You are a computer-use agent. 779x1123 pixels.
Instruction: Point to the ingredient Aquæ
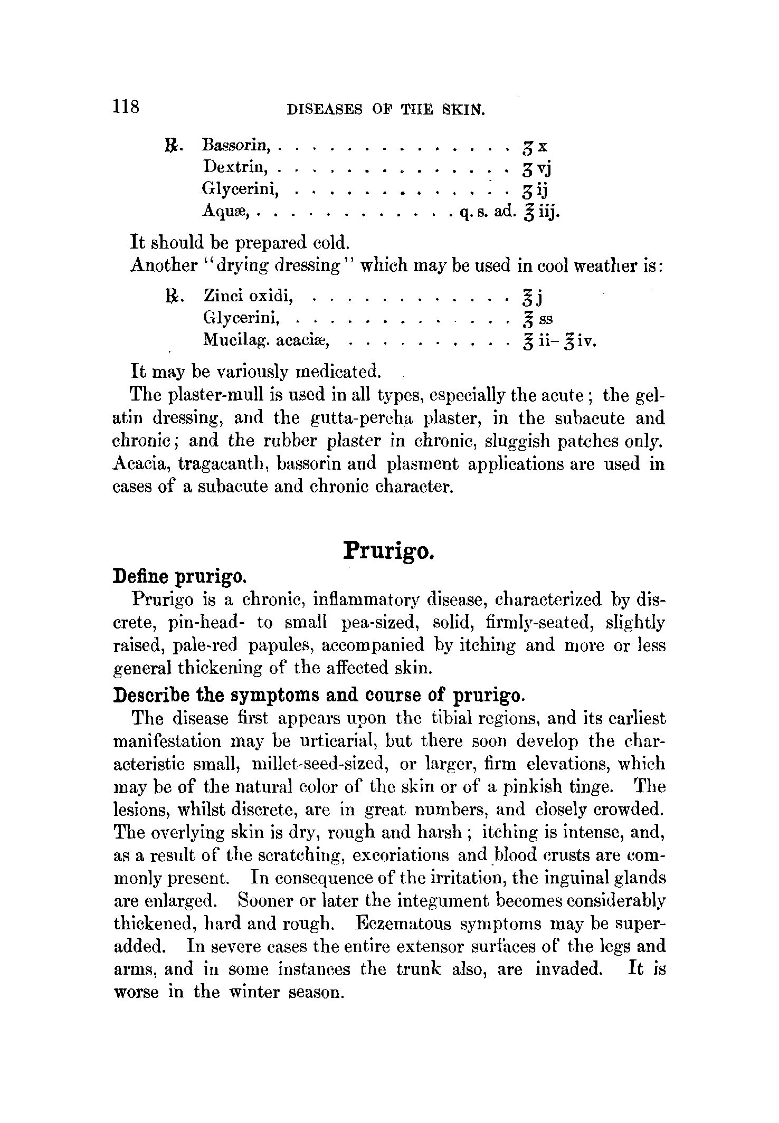[x=227, y=212]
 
